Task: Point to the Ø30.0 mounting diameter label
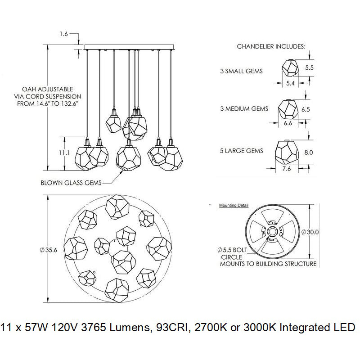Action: tap(310, 232)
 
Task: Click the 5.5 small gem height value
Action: tap(309, 67)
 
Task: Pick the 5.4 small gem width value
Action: tap(291, 84)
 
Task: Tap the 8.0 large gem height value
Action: tap(309, 153)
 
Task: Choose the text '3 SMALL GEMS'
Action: tap(241, 71)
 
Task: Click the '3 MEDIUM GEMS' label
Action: tap(244, 108)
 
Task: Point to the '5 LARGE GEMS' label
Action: tap(242, 151)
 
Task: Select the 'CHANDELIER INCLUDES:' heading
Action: tap(271, 46)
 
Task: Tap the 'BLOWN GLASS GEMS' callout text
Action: tap(71, 183)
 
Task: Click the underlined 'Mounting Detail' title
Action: tap(234, 205)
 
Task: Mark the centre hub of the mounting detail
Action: tap(272, 231)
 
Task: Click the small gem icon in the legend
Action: tap(291, 68)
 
